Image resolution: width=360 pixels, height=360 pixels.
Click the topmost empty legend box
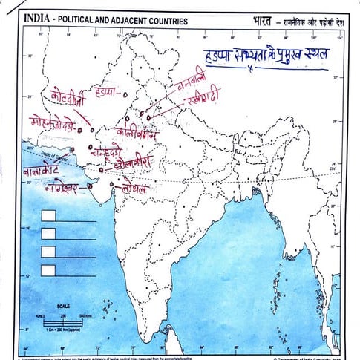[x=49, y=216]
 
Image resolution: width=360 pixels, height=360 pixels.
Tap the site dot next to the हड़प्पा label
[x=123, y=94]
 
